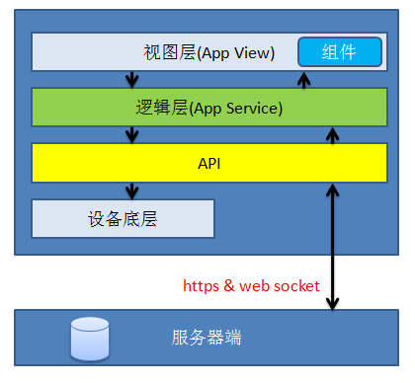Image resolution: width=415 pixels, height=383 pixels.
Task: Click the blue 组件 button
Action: (x=340, y=51)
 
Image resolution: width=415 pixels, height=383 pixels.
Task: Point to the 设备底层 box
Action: (x=123, y=218)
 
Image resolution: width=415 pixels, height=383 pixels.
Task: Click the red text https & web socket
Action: (x=251, y=286)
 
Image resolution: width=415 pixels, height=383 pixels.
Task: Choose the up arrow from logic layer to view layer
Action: (x=304, y=79)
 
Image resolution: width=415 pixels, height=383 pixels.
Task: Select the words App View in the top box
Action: (x=238, y=51)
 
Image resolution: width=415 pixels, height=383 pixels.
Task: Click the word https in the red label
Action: (x=203, y=286)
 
